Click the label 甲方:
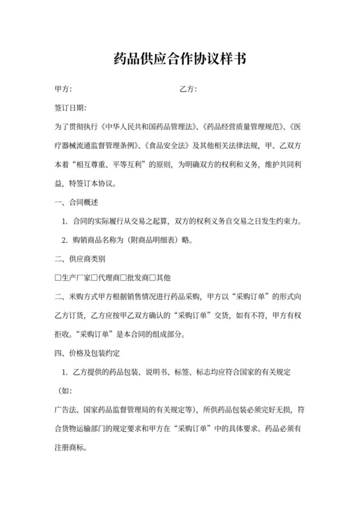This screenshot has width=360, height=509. [x=63, y=89]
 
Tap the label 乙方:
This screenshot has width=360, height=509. [x=187, y=89]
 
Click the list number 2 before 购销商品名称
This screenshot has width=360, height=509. [x=64, y=240]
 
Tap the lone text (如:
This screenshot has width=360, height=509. [x=66, y=391]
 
